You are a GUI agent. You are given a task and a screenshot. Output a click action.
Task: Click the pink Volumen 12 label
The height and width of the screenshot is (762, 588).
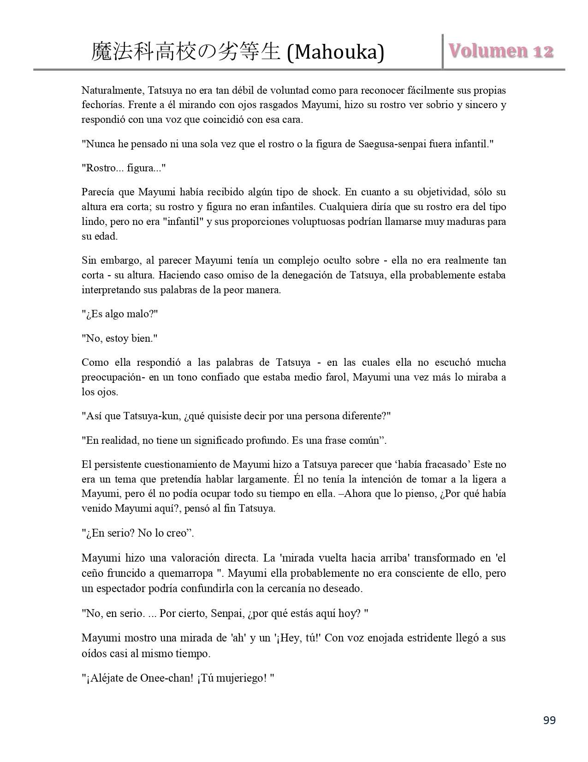501,51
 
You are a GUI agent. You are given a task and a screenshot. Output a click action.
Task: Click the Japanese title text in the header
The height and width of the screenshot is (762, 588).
186,52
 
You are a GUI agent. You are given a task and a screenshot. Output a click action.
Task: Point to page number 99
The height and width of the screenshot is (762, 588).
549,720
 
